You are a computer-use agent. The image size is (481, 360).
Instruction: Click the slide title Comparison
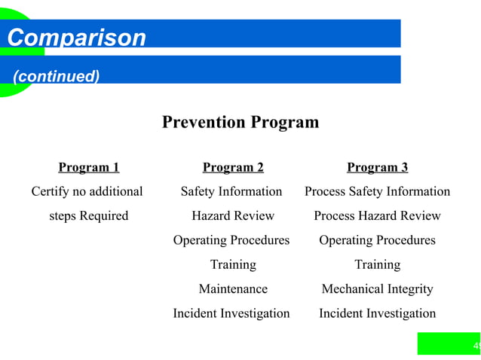[x=76, y=38]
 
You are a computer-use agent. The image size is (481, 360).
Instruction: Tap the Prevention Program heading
[x=240, y=122]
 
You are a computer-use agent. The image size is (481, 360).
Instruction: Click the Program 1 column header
[x=88, y=167]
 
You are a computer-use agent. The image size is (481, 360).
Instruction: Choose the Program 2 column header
[x=233, y=167]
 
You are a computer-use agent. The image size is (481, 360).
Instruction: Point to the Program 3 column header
[x=377, y=167]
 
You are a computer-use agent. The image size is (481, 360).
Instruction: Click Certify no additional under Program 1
[x=87, y=191]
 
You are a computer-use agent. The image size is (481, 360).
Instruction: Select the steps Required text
[x=88, y=215]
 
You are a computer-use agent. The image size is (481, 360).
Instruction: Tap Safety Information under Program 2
[x=231, y=191]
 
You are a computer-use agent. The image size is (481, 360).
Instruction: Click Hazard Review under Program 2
[x=233, y=215]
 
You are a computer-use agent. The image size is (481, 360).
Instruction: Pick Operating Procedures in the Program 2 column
[x=231, y=240]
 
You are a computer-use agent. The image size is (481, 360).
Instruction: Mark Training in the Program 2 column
[x=233, y=264]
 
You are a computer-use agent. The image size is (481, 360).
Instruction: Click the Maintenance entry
[x=233, y=288]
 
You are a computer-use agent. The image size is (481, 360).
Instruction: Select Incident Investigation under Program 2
[x=231, y=313]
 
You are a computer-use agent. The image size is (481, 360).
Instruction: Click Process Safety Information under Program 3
[x=377, y=191]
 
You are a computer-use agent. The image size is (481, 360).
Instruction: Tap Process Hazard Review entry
[x=377, y=215]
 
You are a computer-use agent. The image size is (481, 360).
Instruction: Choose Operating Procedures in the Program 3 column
[x=377, y=240]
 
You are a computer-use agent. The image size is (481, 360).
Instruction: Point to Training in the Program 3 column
[x=377, y=264]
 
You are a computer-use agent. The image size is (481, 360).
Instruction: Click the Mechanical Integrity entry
[x=377, y=288]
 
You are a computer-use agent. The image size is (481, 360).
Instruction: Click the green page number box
[x=449, y=344]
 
